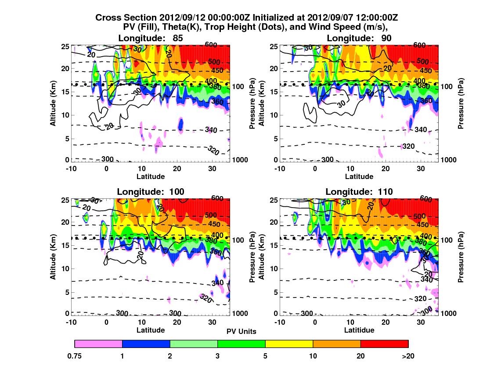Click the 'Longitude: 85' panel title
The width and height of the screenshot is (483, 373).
point(151,38)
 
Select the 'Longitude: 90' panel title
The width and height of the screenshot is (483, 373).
point(359,38)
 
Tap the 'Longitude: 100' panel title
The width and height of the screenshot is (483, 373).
point(151,191)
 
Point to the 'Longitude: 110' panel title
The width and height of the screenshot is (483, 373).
point(359,191)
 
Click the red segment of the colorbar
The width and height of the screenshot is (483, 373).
point(384,344)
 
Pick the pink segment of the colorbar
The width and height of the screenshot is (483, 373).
point(98,344)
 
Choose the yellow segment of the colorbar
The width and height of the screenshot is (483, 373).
point(289,344)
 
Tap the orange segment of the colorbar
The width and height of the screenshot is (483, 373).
point(336,344)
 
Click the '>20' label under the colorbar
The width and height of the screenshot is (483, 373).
point(408,356)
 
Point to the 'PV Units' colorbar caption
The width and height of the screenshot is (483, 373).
point(241,331)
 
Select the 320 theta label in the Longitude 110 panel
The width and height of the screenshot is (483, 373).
point(421,299)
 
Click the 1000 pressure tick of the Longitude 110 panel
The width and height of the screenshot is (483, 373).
point(448,313)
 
